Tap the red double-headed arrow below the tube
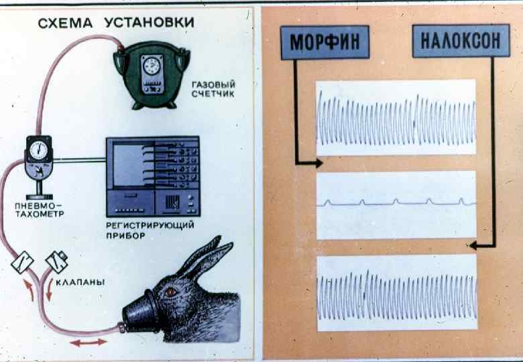tap(89, 342)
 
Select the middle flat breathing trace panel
tap(396, 204)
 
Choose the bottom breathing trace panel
tap(396, 292)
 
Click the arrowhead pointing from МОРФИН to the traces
tap(318, 163)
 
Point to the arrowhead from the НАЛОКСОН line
tap(473, 245)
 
